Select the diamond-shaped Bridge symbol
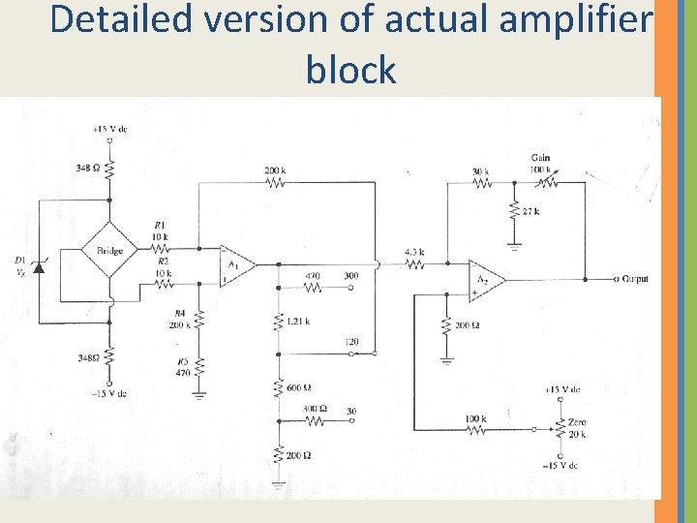coord(109,251)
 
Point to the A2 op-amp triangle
coord(484,278)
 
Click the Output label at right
coord(632,279)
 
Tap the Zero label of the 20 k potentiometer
coord(577,423)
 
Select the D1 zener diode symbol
coord(39,264)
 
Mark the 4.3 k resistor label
coord(414,252)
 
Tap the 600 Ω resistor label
coord(299,388)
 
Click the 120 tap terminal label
coord(350,343)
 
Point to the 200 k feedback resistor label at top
coord(275,170)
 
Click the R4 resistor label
coord(179,313)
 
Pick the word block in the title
coord(350,70)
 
